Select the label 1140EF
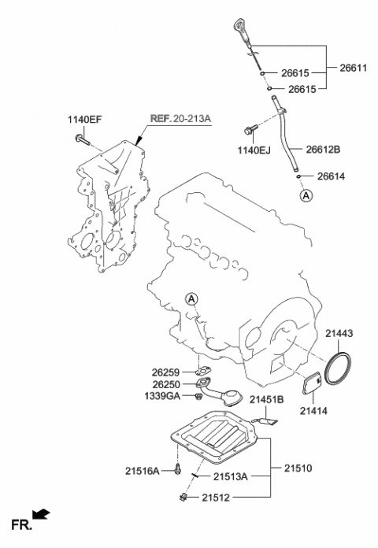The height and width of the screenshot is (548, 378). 83,120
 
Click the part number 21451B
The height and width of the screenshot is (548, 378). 266,400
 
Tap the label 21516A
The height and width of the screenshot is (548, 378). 142,471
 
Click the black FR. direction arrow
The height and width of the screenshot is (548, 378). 43,516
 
